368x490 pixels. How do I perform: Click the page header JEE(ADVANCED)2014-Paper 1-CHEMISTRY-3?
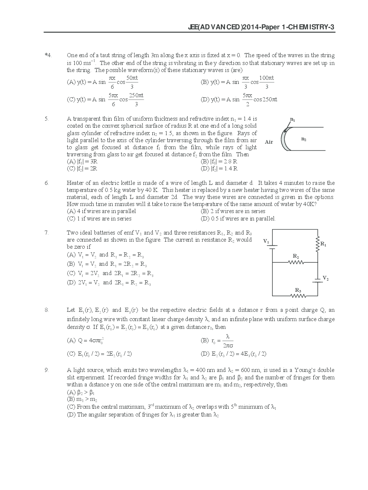point(261,27)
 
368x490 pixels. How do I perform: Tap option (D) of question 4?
point(239,99)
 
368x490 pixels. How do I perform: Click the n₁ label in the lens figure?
point(293,120)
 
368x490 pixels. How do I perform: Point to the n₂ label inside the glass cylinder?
point(303,139)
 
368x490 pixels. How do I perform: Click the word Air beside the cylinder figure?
point(269,142)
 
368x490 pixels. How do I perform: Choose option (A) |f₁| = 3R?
point(82,161)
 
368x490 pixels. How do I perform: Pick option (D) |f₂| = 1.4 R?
point(219,169)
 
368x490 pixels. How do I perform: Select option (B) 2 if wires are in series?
point(233,211)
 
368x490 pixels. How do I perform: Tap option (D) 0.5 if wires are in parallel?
point(238,219)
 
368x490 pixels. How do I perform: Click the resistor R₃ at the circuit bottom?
point(298,296)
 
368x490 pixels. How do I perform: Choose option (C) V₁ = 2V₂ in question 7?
point(110,274)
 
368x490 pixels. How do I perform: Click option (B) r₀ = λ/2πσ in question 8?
point(217,340)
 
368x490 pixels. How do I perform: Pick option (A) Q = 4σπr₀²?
point(85,340)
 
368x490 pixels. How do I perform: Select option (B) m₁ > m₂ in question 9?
point(82,399)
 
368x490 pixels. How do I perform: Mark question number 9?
point(46,370)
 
